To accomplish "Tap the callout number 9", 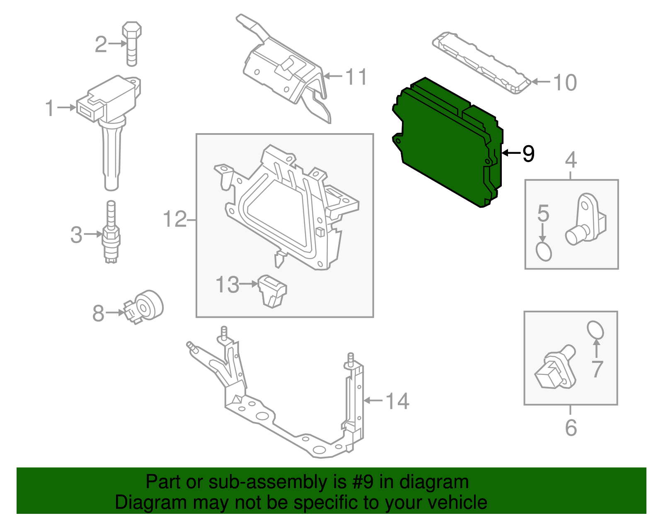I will coord(528,154).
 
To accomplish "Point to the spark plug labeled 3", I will coord(111,234).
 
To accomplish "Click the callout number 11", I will coord(356,77).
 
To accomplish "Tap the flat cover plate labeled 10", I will coord(481,62).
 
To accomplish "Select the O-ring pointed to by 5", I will coord(544,251).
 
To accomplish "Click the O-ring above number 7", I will coord(595,331).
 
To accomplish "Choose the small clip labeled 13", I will coord(272,291).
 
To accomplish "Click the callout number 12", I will coord(175,219).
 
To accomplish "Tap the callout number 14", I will coord(397,401).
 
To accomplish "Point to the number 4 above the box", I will coord(571,160).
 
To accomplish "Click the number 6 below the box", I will coord(571,428).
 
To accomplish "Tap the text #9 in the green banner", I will coord(363,482).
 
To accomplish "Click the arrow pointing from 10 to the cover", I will coord(541,82).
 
